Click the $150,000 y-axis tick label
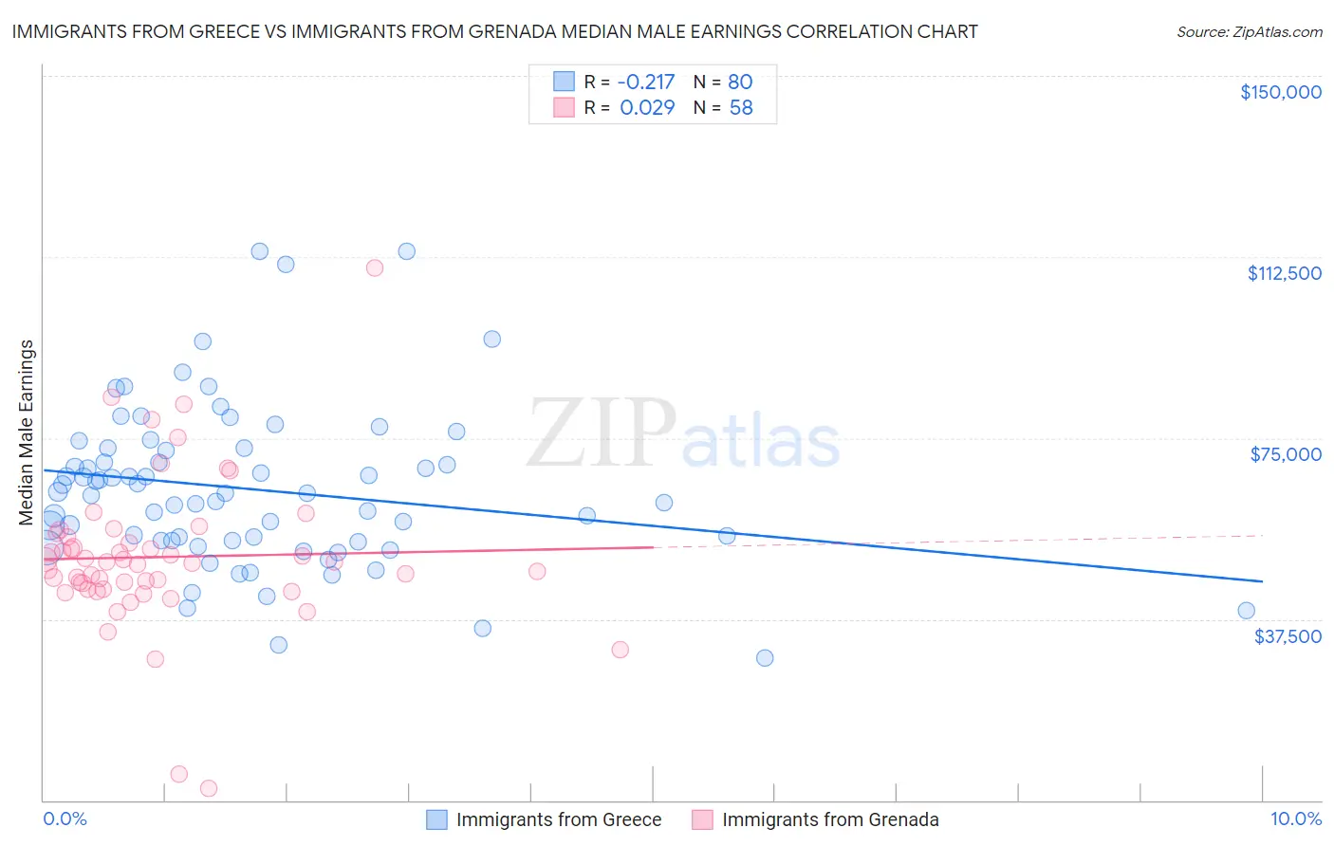point(1280,92)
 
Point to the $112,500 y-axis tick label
point(1284,273)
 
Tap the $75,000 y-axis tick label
point(1286,454)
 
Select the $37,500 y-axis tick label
point(1288,636)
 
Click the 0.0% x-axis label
point(65,818)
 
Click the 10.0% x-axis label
point(1295,818)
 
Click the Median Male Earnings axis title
point(27,432)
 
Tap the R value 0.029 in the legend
point(647,107)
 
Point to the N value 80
point(740,82)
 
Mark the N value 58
point(740,107)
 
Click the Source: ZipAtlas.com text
point(1249,31)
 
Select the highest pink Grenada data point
point(375,268)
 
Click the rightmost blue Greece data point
point(1246,611)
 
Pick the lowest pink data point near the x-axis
point(209,788)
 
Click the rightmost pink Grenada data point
point(620,650)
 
